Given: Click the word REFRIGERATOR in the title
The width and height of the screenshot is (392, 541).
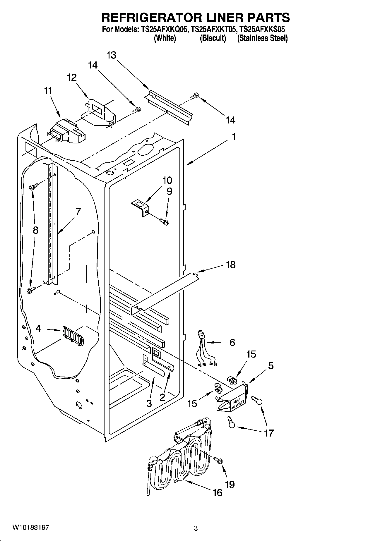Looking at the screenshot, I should (150, 18).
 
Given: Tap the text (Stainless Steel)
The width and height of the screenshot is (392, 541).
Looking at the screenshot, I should (262, 38).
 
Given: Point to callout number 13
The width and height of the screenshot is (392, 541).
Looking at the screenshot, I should (111, 55).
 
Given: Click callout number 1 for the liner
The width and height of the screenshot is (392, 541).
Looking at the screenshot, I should (234, 137).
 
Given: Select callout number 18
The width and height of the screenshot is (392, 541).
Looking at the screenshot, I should (231, 265).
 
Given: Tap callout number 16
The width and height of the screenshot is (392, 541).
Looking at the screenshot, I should (218, 492).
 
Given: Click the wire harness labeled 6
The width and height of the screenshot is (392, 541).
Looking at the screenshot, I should (207, 350).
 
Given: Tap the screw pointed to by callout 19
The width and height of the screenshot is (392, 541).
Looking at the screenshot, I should (218, 460).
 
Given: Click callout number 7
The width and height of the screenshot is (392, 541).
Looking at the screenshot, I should (78, 212).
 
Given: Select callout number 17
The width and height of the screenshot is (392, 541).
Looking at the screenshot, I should (268, 433).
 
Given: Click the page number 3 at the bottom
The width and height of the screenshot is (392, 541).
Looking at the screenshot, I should (196, 528).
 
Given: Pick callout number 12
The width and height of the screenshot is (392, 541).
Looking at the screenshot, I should (72, 78).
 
